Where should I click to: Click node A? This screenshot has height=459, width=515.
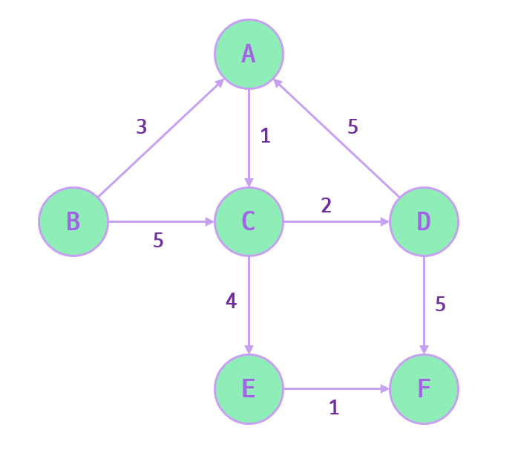249,53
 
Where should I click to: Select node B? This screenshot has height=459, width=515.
73,221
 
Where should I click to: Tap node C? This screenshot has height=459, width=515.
249,221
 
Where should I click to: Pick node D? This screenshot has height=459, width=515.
424,221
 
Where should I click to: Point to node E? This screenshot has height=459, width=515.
249,389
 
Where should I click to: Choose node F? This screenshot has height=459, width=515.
424,389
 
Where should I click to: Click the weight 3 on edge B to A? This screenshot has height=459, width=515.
142,127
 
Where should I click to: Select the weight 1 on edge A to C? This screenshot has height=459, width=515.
266,136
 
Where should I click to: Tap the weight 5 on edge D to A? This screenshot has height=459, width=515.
353,127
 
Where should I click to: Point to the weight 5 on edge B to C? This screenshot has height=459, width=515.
158,241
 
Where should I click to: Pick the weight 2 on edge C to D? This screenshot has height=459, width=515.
327,205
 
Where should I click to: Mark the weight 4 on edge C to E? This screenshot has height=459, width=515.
231,302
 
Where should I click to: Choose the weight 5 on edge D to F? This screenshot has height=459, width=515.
441,305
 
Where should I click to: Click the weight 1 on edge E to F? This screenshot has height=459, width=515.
334,407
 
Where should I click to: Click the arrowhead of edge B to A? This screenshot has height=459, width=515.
220,81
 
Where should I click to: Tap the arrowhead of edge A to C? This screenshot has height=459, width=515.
249,182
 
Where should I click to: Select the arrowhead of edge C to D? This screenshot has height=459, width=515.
384,221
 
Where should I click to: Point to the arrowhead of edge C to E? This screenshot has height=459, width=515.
249,350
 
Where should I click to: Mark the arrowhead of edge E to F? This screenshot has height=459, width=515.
384,389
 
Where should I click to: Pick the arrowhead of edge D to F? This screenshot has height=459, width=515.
424,350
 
